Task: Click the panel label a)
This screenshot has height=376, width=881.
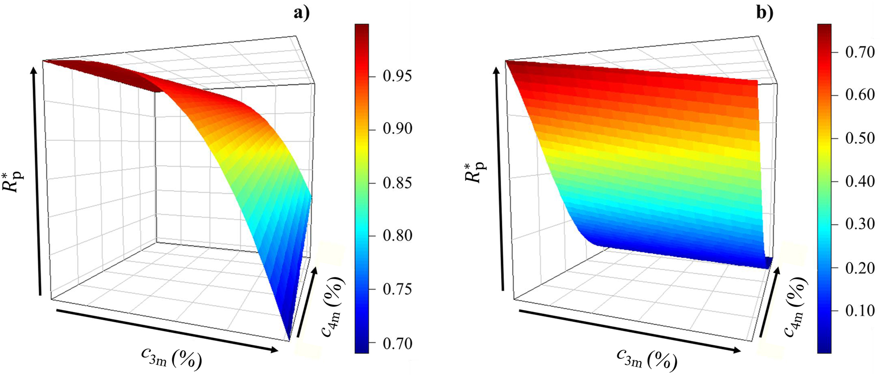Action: [x=301, y=13]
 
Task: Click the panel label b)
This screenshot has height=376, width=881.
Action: [x=765, y=13]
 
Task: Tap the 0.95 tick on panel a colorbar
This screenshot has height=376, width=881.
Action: [x=397, y=76]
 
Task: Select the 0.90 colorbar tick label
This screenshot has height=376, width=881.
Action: [x=397, y=129]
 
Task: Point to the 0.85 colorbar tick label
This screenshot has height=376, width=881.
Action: [x=397, y=183]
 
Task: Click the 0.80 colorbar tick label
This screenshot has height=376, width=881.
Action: [x=397, y=236]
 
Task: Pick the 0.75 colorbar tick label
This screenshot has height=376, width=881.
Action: [x=397, y=289]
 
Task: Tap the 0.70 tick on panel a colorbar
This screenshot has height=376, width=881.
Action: [x=397, y=343]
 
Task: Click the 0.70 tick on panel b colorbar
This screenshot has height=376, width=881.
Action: [x=859, y=52]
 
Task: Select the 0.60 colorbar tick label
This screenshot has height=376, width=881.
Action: [x=859, y=94]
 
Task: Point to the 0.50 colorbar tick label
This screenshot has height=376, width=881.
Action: [x=859, y=138]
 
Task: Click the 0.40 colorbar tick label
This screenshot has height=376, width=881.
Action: [x=859, y=181]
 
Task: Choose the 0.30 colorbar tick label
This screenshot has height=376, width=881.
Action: [x=859, y=224]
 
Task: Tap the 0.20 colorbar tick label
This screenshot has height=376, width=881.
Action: [x=859, y=267]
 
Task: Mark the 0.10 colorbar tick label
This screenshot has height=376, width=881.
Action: [x=859, y=310]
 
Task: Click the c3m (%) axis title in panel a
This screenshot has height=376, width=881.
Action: [x=171, y=358]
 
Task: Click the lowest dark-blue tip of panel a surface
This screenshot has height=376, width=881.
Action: [x=290, y=337]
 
